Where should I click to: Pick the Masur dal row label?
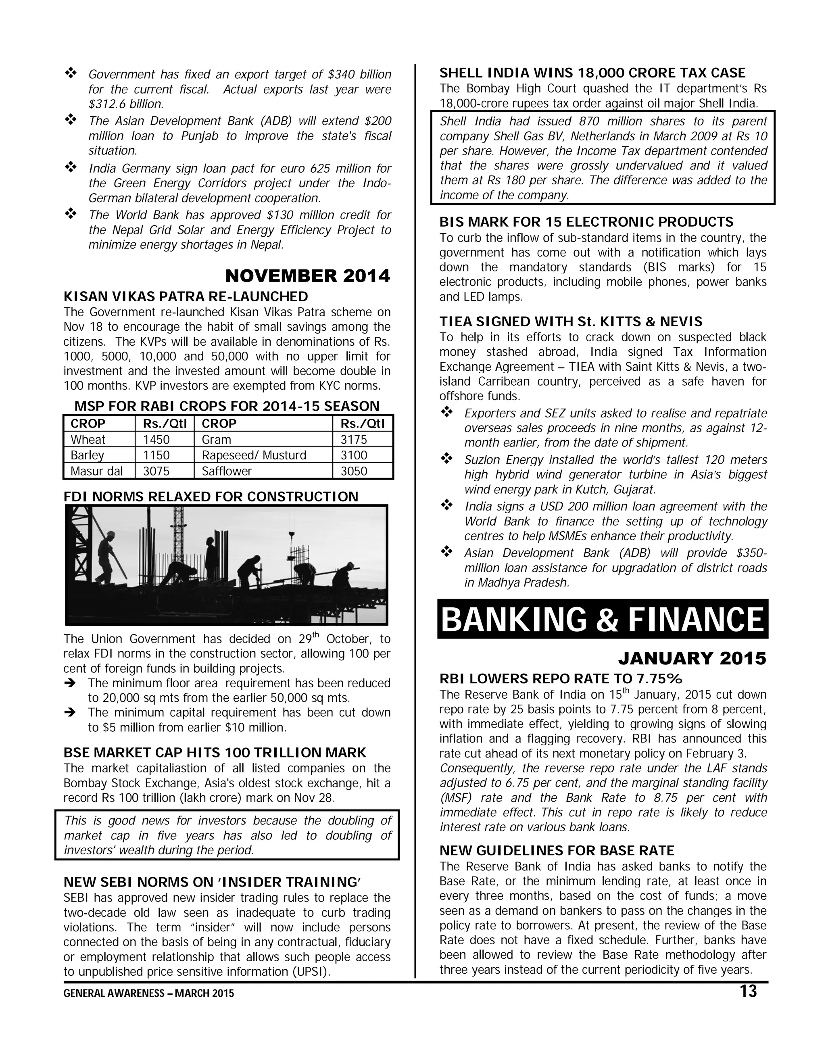pyautogui.click(x=96, y=471)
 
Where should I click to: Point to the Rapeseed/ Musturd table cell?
pyautogui.click(x=254, y=455)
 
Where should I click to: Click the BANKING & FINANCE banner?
pyautogui.click(x=602, y=620)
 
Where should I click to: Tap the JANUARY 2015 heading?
pyautogui.click(x=692, y=658)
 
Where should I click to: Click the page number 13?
pyautogui.click(x=748, y=991)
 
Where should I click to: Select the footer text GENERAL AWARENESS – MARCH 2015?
pyautogui.click(x=149, y=993)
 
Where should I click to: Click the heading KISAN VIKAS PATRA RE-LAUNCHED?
pyautogui.click(x=186, y=296)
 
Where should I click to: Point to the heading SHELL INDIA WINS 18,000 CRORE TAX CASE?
pyautogui.click(x=592, y=73)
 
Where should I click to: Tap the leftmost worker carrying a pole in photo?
pyautogui.click(x=106, y=557)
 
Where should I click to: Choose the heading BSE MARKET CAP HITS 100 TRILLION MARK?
pyautogui.click(x=215, y=752)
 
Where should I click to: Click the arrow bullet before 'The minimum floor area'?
pyautogui.click(x=71, y=684)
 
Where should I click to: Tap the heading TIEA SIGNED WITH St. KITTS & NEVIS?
pyautogui.click(x=571, y=321)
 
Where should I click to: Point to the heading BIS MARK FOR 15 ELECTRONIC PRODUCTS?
pyautogui.click(x=586, y=222)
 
